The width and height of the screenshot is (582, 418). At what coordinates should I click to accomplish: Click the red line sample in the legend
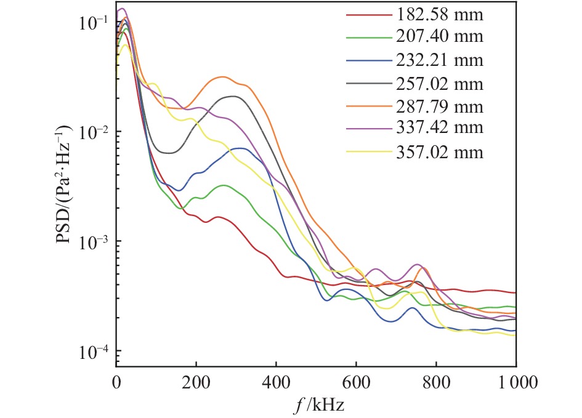[x=367, y=14]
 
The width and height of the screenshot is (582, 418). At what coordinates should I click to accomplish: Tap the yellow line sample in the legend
[x=367, y=152]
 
